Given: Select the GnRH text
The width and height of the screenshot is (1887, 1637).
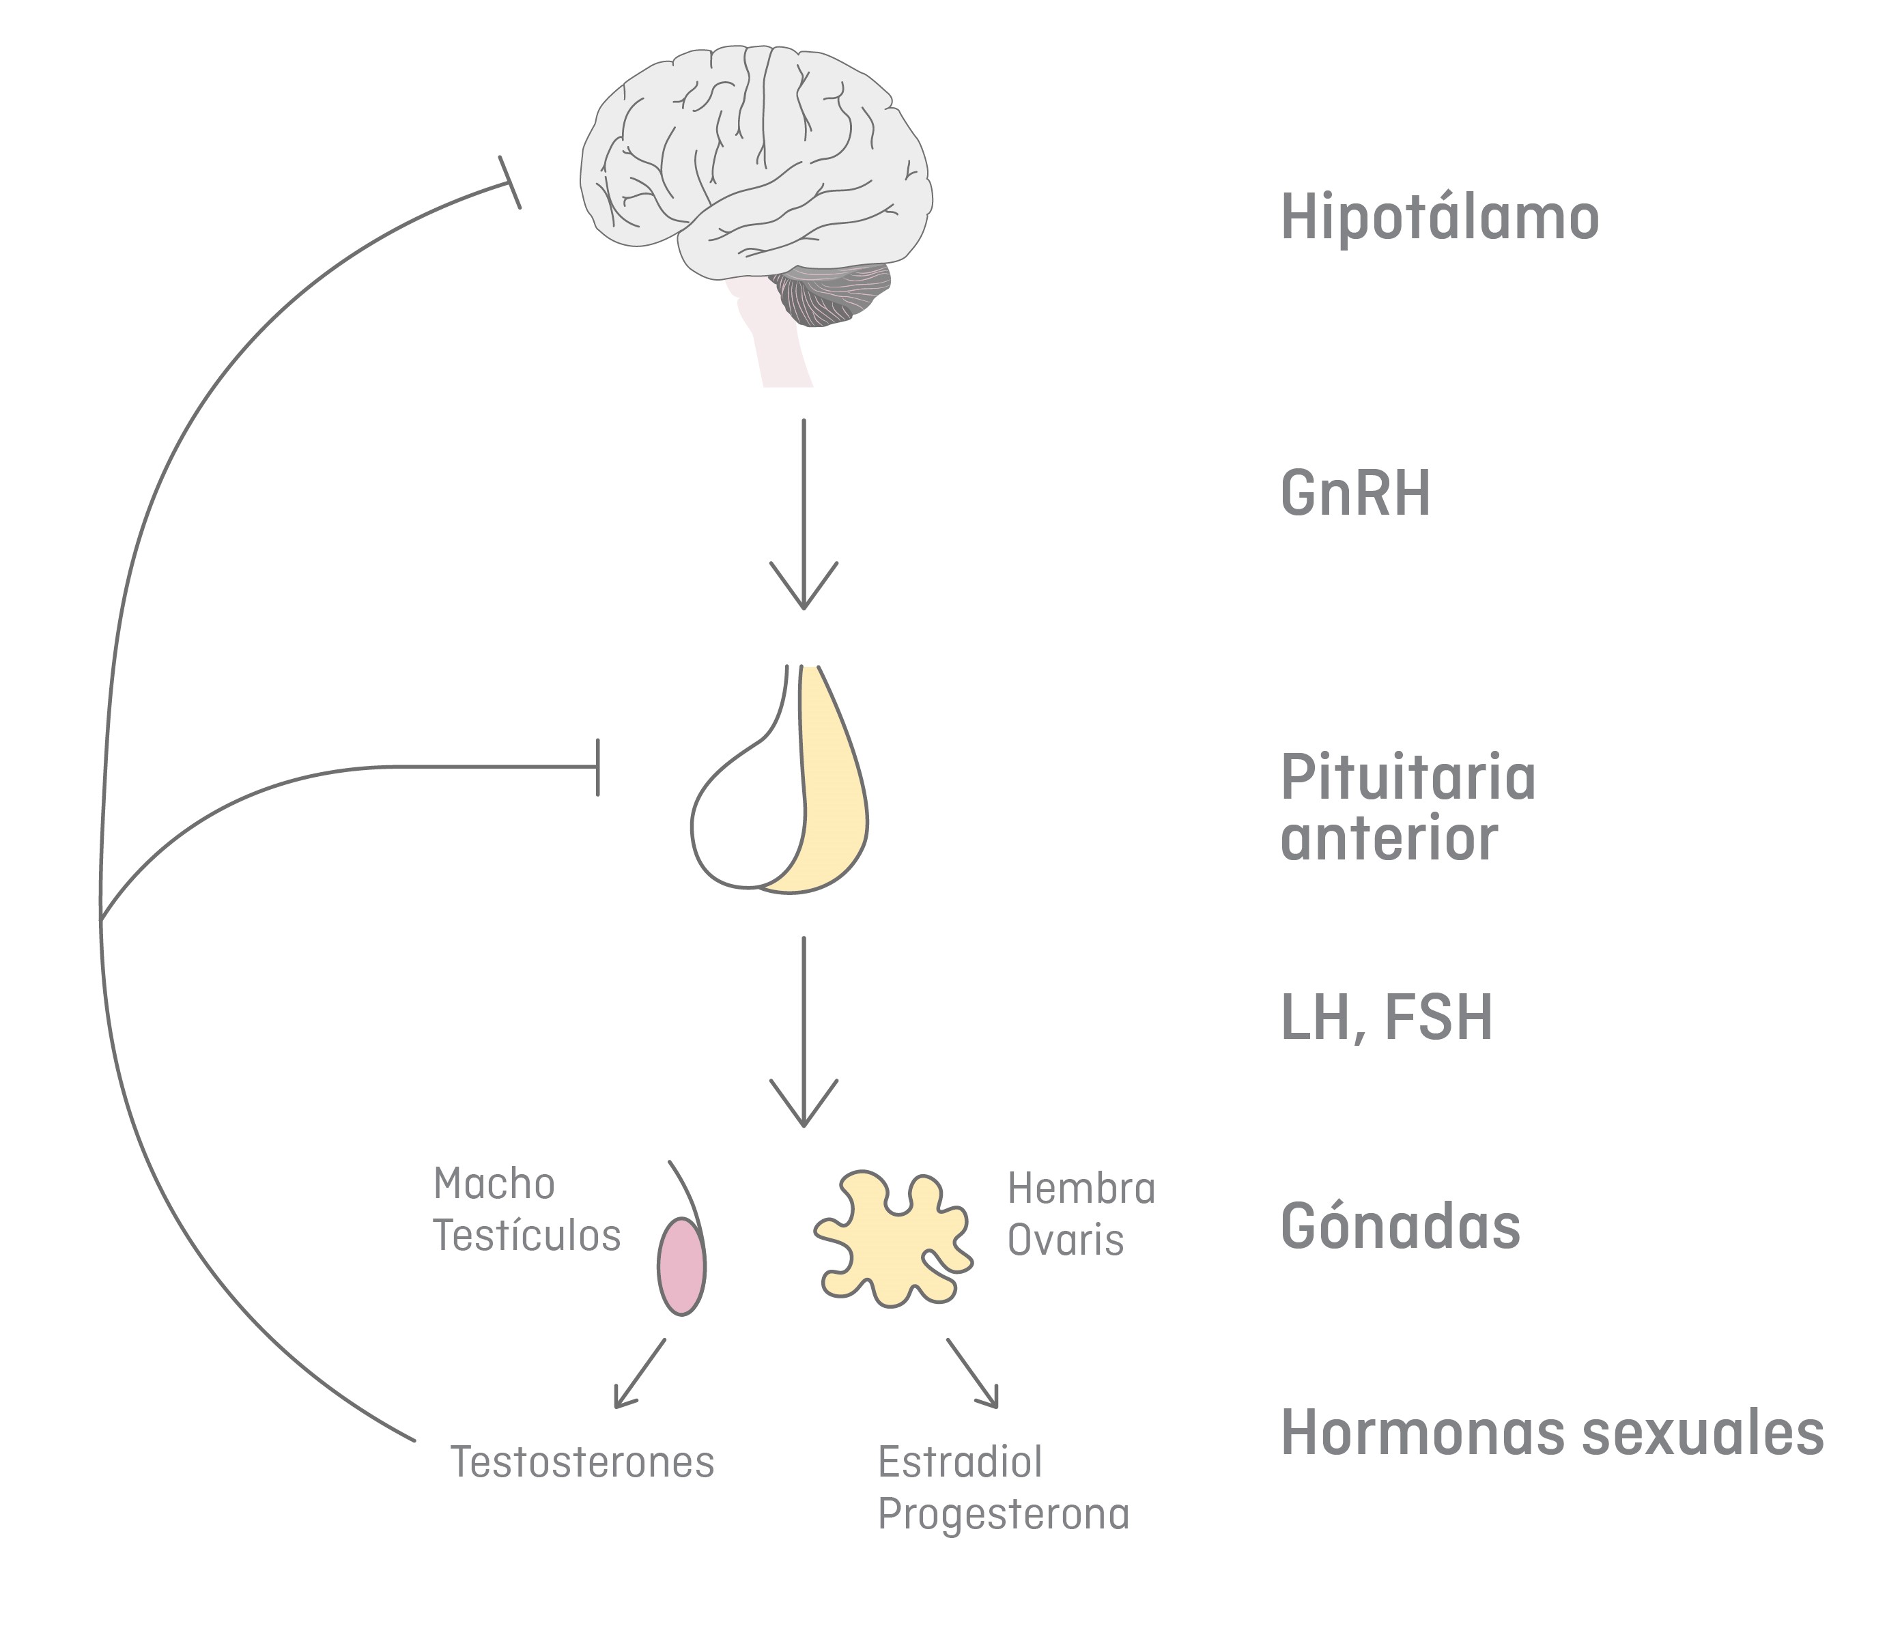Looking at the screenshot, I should click(1354, 494).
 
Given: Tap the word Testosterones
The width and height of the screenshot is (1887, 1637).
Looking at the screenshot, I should click(582, 1462).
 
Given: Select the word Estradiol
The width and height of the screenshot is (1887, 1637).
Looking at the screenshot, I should click(960, 1462).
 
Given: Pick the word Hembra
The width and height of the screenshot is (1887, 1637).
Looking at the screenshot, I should click(1081, 1188).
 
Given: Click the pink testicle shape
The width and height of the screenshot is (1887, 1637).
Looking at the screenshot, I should click(681, 1266).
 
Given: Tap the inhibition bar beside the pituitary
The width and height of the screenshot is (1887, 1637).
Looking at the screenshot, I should click(598, 767).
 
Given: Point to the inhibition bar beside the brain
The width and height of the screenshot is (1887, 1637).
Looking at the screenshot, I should click(510, 183).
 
